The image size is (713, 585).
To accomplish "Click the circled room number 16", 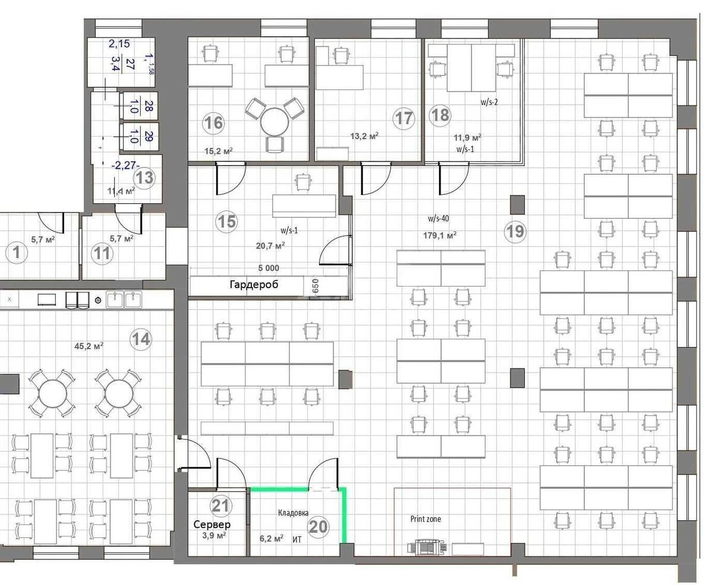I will click(x=213, y=123).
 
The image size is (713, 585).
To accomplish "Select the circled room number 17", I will click(x=404, y=118).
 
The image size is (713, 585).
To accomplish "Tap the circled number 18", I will click(x=440, y=114).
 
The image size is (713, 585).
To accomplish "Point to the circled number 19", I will click(x=515, y=231).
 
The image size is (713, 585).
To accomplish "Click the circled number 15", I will click(x=226, y=222).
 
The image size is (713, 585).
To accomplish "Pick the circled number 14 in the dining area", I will click(x=141, y=339).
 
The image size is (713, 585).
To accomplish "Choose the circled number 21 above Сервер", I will click(x=220, y=506).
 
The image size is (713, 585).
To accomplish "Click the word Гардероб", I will click(x=254, y=285).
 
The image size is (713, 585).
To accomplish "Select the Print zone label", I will click(x=425, y=519).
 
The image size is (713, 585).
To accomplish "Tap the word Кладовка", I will click(x=293, y=512).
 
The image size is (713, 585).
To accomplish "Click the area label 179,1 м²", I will click(x=440, y=235).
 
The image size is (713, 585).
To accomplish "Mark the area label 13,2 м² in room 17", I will click(x=364, y=136).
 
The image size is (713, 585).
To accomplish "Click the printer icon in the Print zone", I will click(x=425, y=547).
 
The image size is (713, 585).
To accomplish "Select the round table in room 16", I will click(x=275, y=122).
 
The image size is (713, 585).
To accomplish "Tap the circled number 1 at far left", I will click(x=17, y=253).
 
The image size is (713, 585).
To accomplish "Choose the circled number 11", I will click(x=102, y=253).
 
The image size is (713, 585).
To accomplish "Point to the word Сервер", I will click(x=212, y=524).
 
